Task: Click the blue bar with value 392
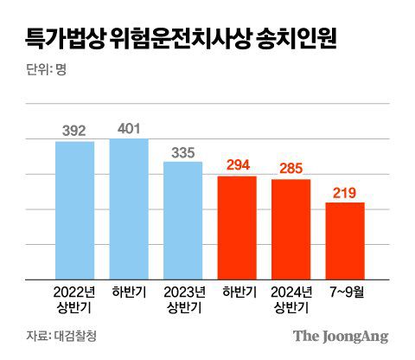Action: [x=74, y=210]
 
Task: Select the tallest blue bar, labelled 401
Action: [x=129, y=209]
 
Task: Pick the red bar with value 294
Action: [x=237, y=228]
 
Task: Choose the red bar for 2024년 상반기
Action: [x=290, y=229]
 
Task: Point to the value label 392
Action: [x=74, y=132]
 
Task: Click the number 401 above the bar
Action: [x=129, y=128]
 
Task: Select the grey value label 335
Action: [x=182, y=151]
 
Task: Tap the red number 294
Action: [x=237, y=165]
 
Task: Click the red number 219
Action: [x=345, y=192]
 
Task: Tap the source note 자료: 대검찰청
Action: [x=61, y=336]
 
